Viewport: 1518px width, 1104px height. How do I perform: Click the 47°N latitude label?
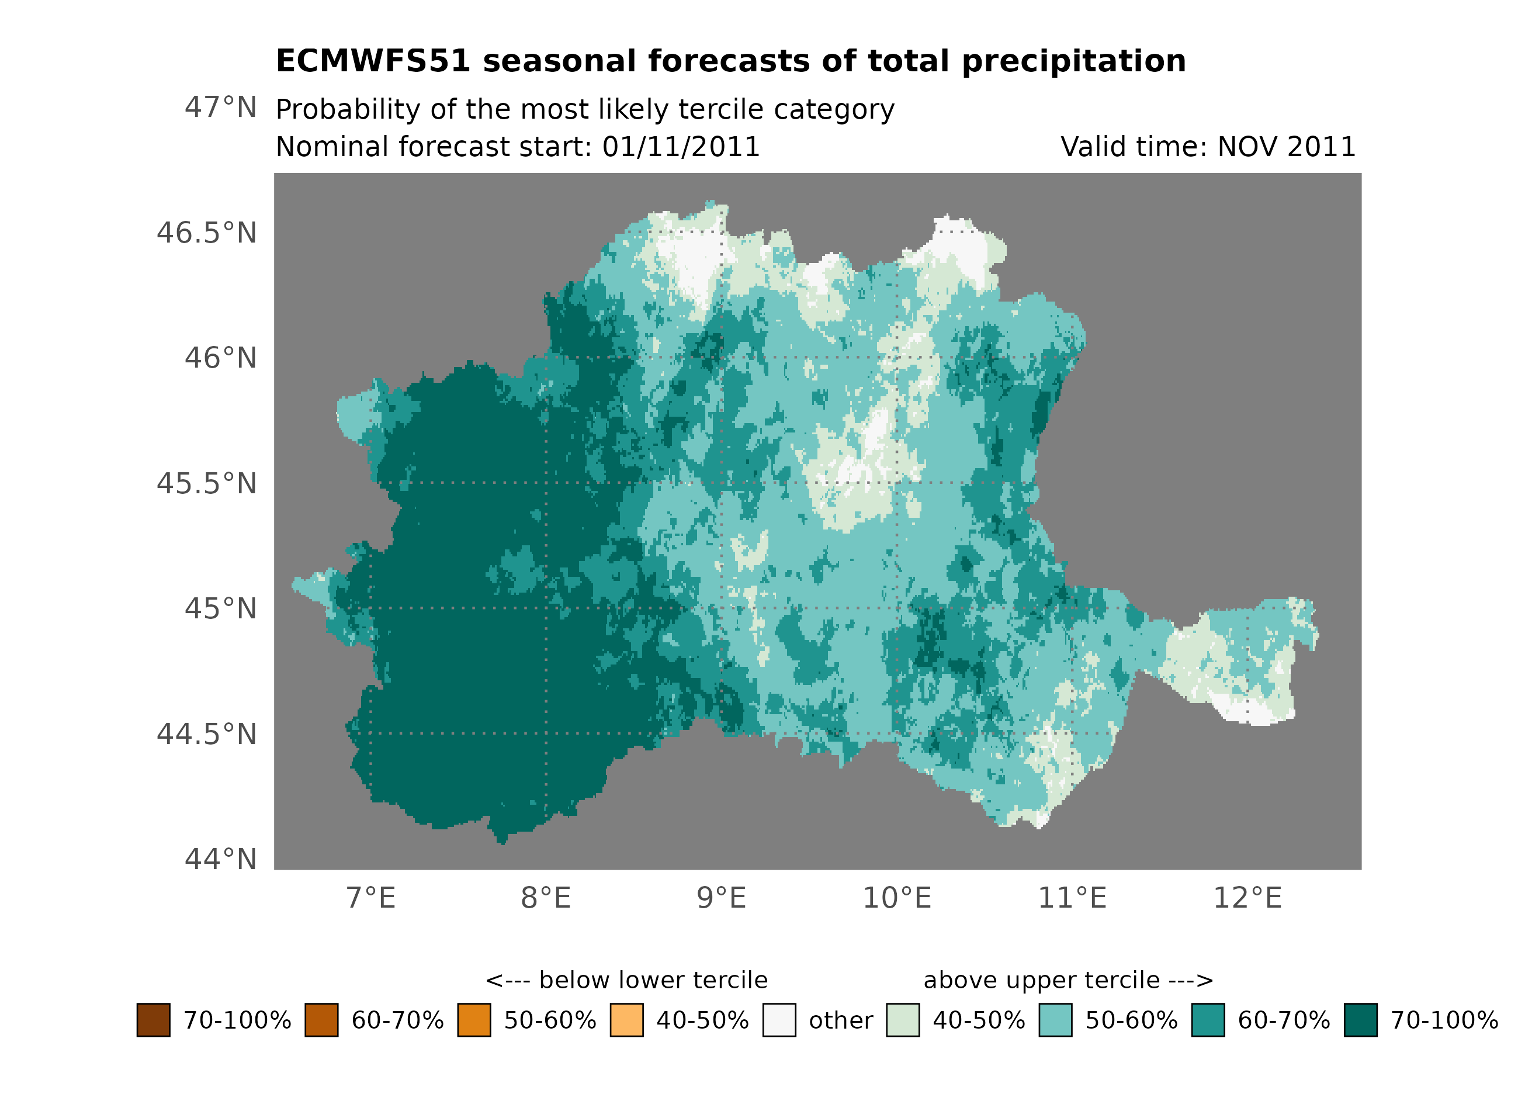(220, 108)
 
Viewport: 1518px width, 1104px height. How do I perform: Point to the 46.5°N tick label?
(206, 233)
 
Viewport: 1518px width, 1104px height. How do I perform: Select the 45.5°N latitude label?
(206, 483)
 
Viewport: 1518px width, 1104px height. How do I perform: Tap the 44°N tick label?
(220, 859)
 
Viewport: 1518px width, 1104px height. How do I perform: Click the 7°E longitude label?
(371, 898)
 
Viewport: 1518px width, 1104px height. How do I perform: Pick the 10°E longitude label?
(897, 898)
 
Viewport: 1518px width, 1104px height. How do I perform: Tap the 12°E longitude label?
(1247, 898)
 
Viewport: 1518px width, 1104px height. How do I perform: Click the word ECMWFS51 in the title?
(373, 61)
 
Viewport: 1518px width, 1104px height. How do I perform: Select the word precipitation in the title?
(1073, 61)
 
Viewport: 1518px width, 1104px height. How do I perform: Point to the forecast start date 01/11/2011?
(681, 147)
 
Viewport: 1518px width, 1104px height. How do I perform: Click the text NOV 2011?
(1287, 147)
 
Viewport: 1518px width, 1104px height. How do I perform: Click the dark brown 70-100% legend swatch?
(153, 1020)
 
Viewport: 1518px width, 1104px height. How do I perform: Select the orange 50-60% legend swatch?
(474, 1020)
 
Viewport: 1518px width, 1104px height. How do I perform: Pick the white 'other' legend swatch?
(779, 1020)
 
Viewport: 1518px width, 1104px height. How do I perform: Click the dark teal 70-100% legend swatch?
(1361, 1020)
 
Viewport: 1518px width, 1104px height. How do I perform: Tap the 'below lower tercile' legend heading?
(626, 980)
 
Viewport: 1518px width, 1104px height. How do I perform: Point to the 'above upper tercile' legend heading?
(1068, 980)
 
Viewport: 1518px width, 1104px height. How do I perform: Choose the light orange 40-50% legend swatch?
(626, 1020)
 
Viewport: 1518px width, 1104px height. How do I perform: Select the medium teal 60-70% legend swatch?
(1208, 1020)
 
